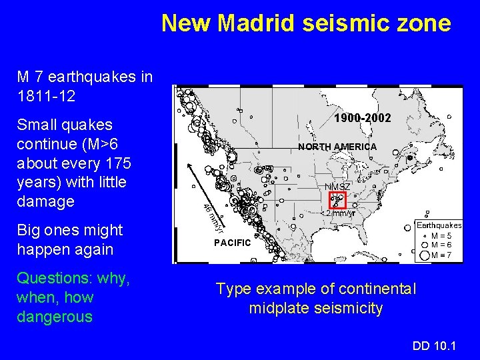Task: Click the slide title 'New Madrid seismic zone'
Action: pyautogui.click(x=306, y=23)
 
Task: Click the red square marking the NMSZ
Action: pyautogui.click(x=337, y=199)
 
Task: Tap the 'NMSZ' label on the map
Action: pyautogui.click(x=337, y=186)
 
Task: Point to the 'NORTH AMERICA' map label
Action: pyautogui.click(x=337, y=147)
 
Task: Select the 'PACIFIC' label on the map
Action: pyautogui.click(x=232, y=243)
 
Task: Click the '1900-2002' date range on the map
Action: pyautogui.click(x=363, y=118)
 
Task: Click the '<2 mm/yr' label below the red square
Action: pyautogui.click(x=341, y=213)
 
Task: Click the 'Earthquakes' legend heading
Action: pyautogui.click(x=439, y=225)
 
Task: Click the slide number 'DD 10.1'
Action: pyautogui.click(x=435, y=345)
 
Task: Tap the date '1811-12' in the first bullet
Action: pyautogui.click(x=46, y=96)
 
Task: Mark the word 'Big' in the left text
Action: pyautogui.click(x=30, y=230)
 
